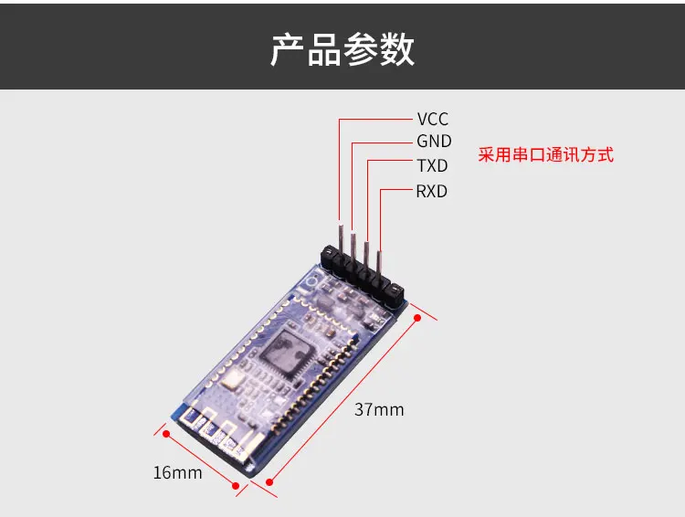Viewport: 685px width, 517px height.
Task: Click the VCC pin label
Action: [x=433, y=119]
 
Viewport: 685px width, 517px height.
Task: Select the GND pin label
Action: [x=434, y=142]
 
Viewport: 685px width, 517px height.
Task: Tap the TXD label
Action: [x=432, y=166]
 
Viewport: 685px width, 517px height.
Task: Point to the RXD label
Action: [x=432, y=191]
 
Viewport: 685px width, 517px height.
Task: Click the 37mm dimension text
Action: [x=378, y=409]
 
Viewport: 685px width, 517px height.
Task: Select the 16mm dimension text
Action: [x=177, y=472]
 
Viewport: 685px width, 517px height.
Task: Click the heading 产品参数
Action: [x=342, y=49]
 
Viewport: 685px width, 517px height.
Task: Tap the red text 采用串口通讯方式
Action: [x=546, y=154]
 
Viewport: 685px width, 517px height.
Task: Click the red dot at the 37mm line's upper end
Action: [x=416, y=318]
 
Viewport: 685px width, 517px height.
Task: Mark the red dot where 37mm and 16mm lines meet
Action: [x=243, y=484]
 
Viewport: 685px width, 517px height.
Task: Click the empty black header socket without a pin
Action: [x=392, y=293]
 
